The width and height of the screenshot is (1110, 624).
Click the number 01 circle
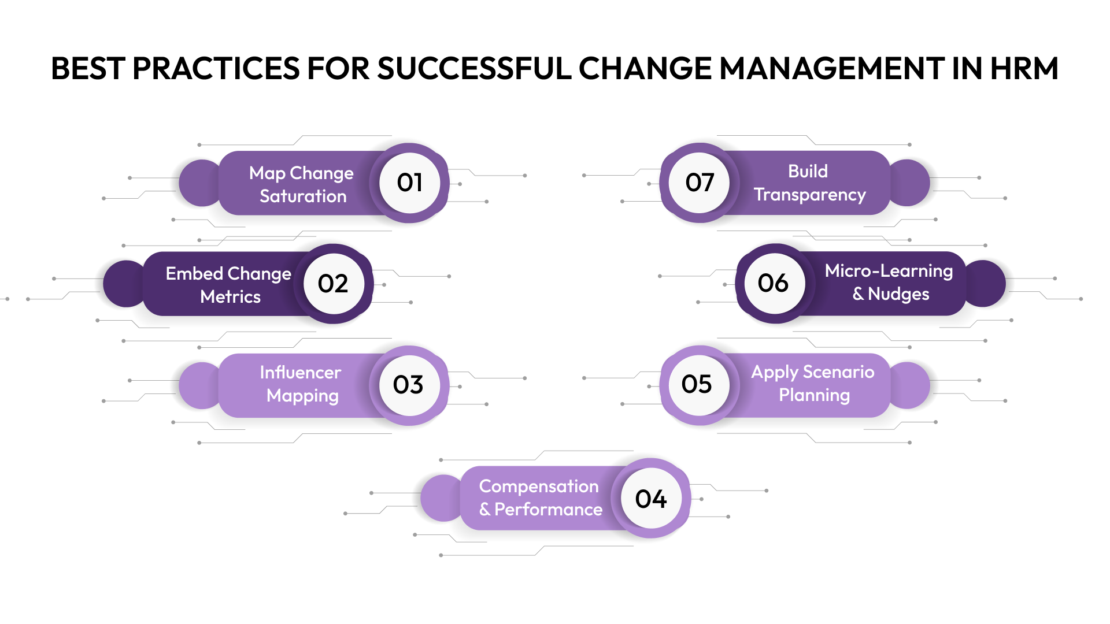point(409,183)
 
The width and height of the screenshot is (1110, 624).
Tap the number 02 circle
point(334,283)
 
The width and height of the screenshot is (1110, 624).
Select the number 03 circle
point(409,385)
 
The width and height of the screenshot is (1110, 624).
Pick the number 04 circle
point(651,499)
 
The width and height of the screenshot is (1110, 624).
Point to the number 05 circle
point(698,384)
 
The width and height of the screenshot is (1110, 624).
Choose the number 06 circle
point(774,283)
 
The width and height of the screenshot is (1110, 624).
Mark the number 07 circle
point(700,183)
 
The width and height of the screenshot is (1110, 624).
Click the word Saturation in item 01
point(303,196)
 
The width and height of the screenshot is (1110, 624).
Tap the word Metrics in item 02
point(230,297)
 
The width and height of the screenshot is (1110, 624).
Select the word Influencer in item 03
point(300,373)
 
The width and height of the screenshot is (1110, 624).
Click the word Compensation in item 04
point(539,486)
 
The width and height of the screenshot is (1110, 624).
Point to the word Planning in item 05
point(814,395)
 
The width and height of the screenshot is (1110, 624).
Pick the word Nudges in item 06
point(898,294)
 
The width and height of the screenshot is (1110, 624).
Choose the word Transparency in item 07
point(809,195)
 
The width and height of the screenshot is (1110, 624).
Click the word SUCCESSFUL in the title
point(474,68)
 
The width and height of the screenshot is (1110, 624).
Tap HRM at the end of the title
point(1024,68)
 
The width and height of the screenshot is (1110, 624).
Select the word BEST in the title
point(88,68)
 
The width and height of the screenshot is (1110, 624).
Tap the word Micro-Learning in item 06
point(889,271)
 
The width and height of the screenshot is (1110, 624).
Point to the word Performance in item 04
point(548,510)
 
